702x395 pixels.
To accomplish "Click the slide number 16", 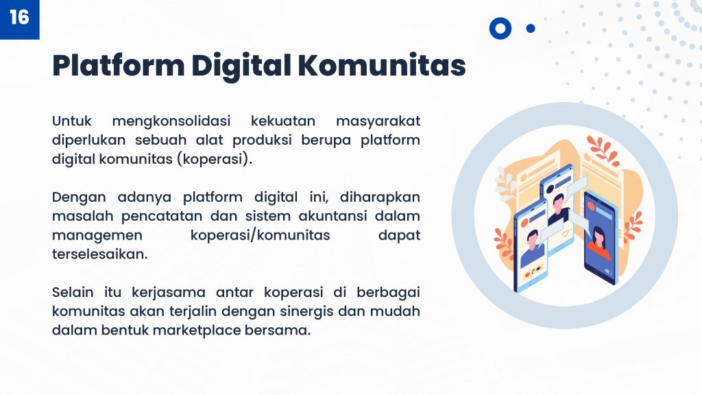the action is [19, 17].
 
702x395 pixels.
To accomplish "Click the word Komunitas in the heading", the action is [381, 65].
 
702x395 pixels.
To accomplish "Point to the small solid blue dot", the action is [531, 29].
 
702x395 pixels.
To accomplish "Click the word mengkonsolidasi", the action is [171, 122].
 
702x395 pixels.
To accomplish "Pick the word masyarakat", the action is [378, 122].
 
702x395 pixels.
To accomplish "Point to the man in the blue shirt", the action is [533, 250].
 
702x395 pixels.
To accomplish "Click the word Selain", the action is [73, 293].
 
